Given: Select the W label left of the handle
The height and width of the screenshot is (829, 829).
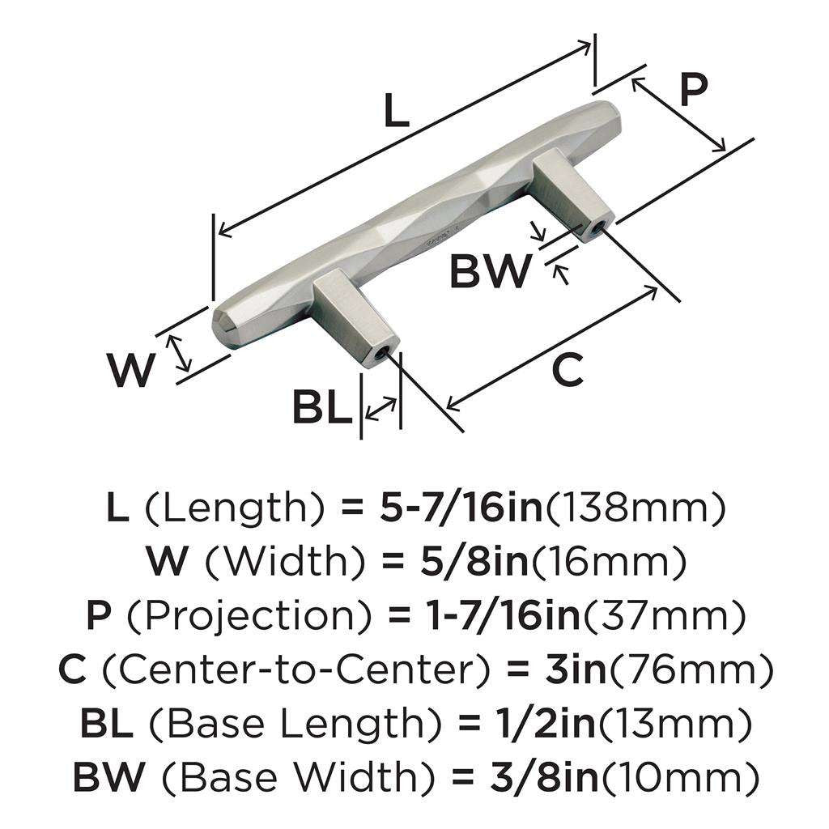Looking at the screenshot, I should (131, 372).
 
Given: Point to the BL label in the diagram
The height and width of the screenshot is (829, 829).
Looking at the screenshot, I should (321, 408).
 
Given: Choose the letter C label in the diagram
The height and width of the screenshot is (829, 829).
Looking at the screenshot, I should (567, 372).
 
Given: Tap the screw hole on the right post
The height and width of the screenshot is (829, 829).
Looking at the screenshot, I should (597, 229).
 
